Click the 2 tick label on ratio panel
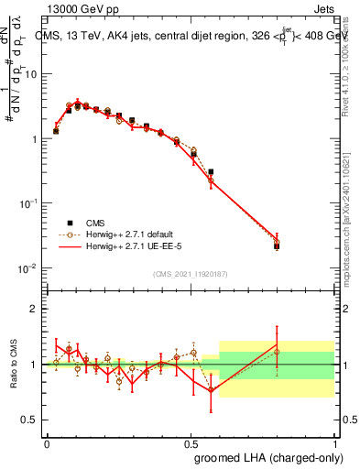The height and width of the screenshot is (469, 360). pyautogui.click(x=34, y=310)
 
